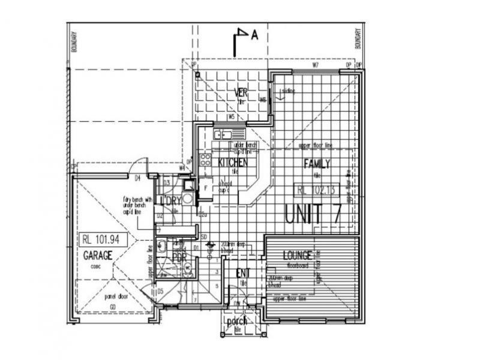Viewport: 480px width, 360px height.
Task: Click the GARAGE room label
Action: (x=98, y=255)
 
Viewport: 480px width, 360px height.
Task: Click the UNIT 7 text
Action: (x=312, y=215)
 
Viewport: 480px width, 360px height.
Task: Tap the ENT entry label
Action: (x=242, y=273)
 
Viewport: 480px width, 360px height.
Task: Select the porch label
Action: (x=236, y=321)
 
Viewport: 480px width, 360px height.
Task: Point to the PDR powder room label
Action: (x=178, y=257)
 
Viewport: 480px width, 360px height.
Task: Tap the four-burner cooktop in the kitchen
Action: (x=205, y=160)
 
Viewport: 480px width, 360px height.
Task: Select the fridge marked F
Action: (x=205, y=188)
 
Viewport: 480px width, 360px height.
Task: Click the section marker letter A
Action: (x=254, y=35)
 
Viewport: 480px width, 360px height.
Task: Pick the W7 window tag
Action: (x=314, y=64)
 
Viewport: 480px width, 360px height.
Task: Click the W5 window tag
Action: (x=231, y=117)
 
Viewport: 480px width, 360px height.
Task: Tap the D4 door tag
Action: (x=137, y=178)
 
